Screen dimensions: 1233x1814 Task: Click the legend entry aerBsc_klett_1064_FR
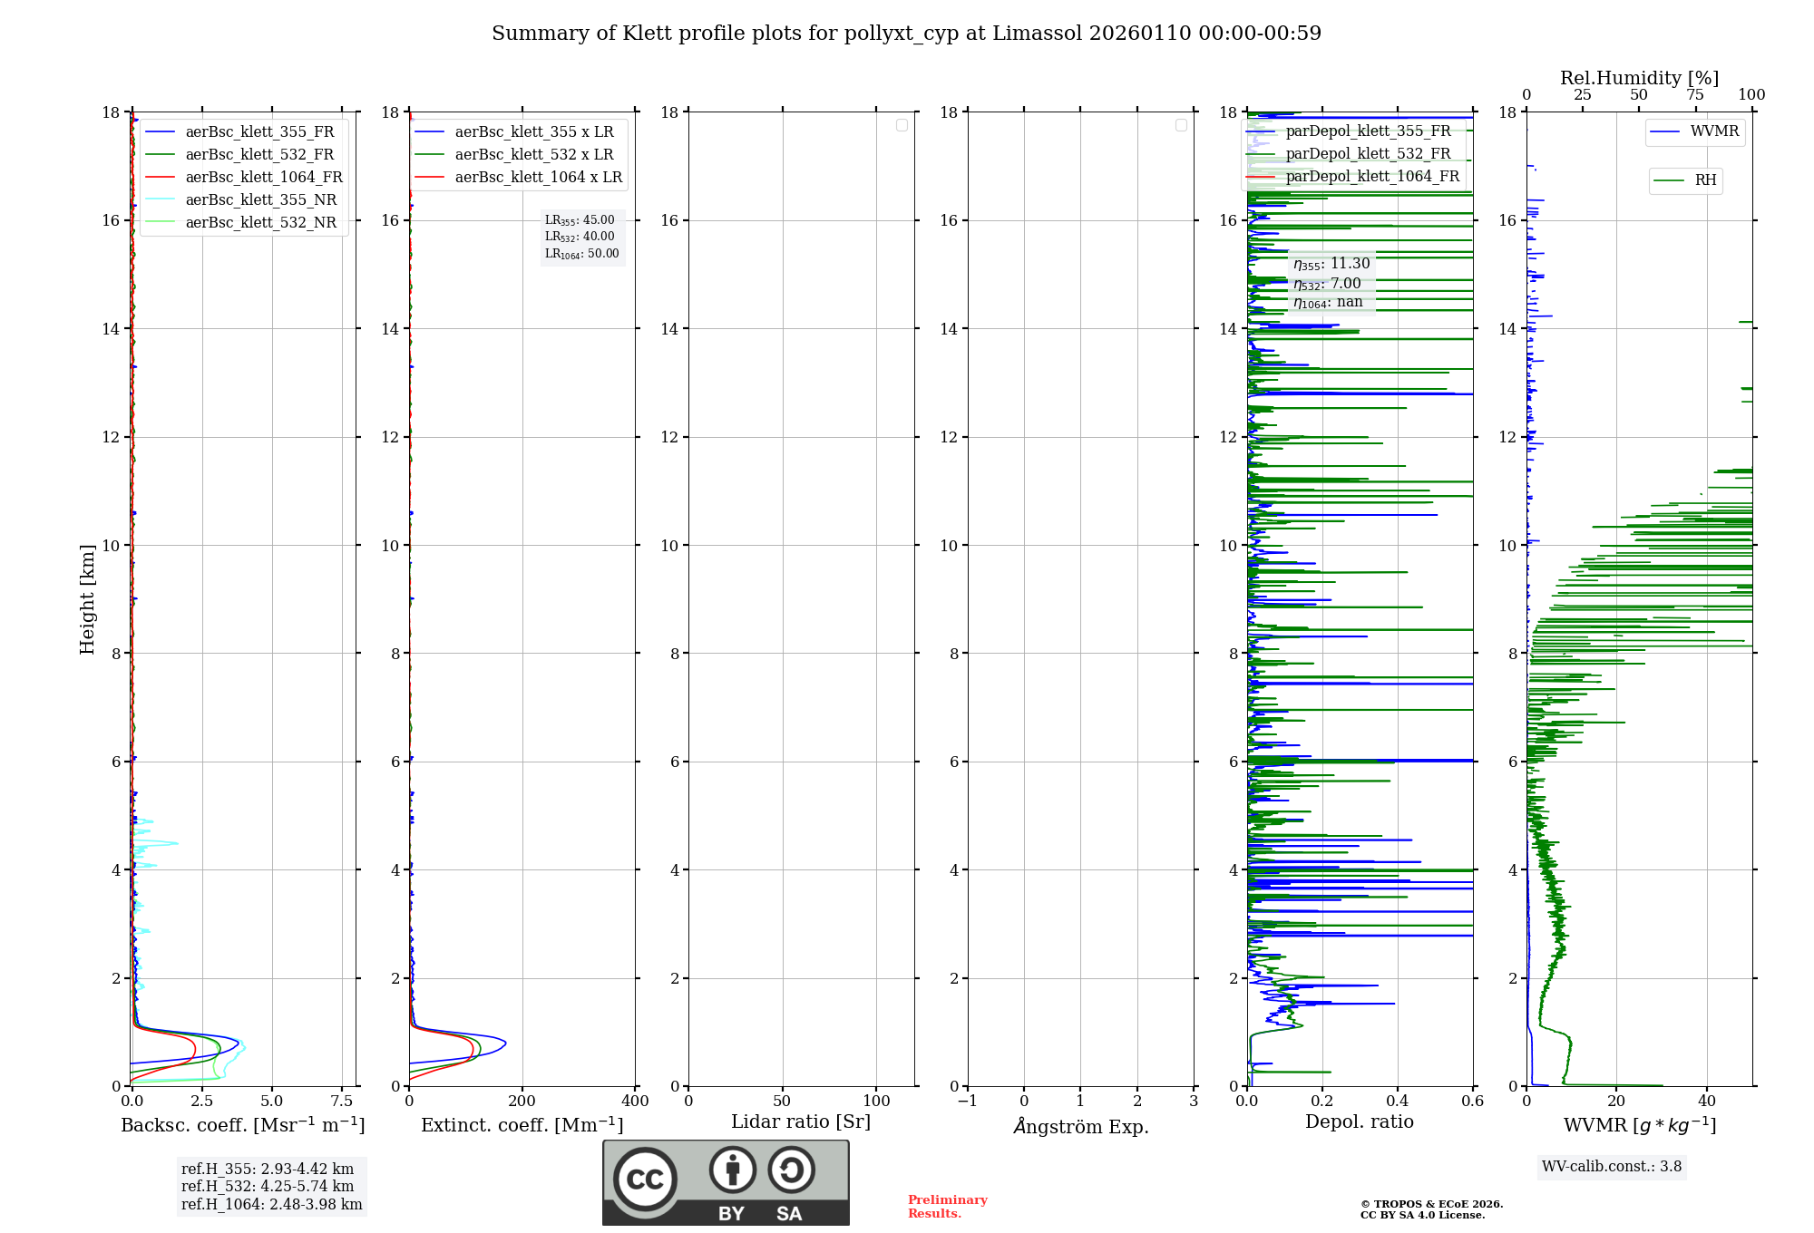coord(263,178)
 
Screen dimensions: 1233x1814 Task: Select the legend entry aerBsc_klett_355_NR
coord(260,200)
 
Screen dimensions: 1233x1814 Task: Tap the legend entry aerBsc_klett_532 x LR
coord(533,155)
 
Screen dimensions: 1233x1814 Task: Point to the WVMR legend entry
coord(1713,131)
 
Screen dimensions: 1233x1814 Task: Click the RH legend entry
coord(1705,180)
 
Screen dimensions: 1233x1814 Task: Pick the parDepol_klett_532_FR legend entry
coord(1368,154)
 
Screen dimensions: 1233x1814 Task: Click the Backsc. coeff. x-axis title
coord(243,1125)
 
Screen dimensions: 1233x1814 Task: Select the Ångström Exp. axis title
coord(1081,1127)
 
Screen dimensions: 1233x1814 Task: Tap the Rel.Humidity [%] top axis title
coord(1639,78)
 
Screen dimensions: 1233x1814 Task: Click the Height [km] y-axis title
coord(87,599)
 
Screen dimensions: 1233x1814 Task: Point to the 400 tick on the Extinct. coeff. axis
coord(635,1102)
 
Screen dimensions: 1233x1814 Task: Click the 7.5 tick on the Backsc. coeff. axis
coord(342,1102)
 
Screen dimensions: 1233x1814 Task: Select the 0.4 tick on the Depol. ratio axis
coord(1398,1102)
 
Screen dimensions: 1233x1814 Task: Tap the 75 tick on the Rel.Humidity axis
coord(1694,95)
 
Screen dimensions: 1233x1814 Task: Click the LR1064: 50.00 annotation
coord(581,254)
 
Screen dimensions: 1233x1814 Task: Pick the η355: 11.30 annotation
coord(1331,264)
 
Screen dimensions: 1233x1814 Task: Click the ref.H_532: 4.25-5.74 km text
coord(268,1187)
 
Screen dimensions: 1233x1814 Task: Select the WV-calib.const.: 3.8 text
coord(1612,1167)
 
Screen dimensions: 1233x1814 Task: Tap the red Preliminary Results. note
coord(947,1207)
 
